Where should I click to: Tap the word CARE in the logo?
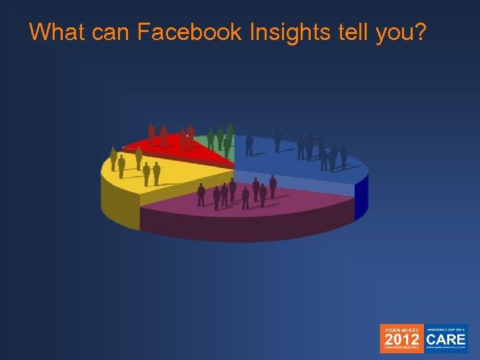(x=446, y=339)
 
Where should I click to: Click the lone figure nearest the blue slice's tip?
(x=249, y=144)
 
